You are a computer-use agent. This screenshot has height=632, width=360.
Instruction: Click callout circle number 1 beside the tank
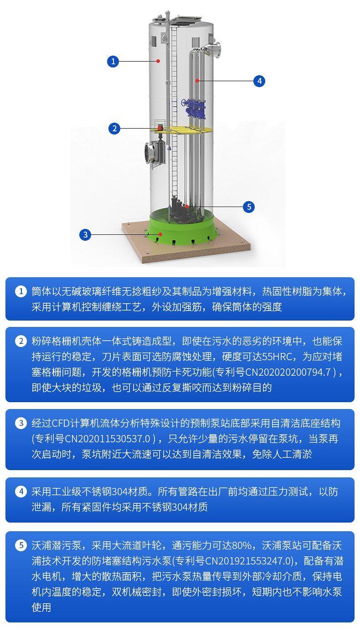click(x=113, y=61)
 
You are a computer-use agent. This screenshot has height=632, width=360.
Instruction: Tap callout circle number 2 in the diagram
click(x=114, y=129)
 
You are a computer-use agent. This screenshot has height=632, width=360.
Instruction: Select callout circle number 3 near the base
click(x=85, y=234)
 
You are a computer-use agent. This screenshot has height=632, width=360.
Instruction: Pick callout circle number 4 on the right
click(x=259, y=81)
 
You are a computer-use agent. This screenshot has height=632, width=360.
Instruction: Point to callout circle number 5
click(x=249, y=207)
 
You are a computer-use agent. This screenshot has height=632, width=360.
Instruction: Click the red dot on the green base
click(x=160, y=234)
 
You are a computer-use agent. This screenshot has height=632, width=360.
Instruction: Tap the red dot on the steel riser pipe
click(x=197, y=81)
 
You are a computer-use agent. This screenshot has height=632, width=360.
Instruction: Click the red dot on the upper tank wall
click(x=159, y=61)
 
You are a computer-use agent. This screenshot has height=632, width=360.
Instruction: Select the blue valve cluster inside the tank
click(x=193, y=108)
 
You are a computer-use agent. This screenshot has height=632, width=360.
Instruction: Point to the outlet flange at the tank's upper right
click(x=217, y=50)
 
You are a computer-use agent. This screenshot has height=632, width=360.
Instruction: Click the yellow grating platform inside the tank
click(x=183, y=130)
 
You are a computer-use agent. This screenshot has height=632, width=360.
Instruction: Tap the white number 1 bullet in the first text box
click(x=21, y=291)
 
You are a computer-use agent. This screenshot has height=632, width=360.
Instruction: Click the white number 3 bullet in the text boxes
click(x=21, y=423)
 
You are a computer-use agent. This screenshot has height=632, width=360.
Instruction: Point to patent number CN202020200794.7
click(x=288, y=372)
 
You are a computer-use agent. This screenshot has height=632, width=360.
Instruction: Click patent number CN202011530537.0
click(x=108, y=439)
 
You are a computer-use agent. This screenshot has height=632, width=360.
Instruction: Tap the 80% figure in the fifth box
click(x=242, y=545)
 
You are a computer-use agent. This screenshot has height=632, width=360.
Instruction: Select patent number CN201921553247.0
click(x=247, y=561)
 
